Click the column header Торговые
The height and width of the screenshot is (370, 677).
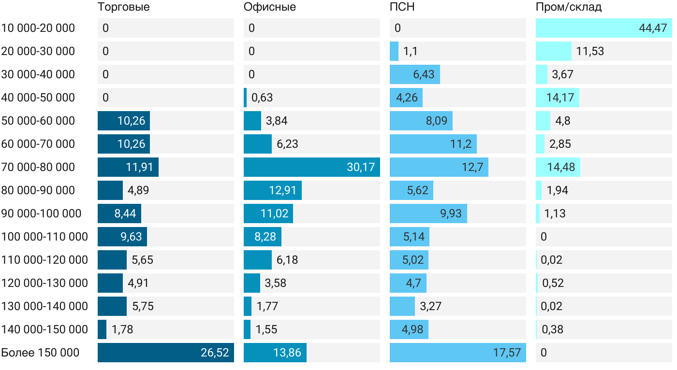[123, 7]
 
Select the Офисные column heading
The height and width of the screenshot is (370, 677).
[270, 7]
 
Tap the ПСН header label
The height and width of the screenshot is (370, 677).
[402, 7]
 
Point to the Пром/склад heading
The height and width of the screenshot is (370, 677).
[568, 7]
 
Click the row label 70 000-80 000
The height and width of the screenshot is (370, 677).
[38, 167]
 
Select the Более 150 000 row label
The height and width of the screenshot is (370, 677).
[40, 353]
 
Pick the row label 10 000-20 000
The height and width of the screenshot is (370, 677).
[38, 28]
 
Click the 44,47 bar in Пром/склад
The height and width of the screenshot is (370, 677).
[603, 28]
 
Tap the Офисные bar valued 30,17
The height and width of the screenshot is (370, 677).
[311, 167]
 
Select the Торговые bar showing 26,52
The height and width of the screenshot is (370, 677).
[165, 353]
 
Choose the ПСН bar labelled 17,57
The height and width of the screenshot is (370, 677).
[457, 353]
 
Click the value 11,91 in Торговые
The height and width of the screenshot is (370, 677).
[139, 167]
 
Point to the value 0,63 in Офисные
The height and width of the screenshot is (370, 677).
[262, 98]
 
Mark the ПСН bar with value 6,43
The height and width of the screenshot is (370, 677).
[414, 74]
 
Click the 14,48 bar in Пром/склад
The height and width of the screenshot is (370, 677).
[558, 167]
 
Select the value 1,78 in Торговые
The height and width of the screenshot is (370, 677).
[122, 329]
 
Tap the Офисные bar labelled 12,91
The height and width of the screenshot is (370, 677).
[272, 190]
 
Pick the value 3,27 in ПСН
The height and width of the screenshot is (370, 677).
[430, 306]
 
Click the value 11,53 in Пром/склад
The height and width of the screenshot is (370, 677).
[590, 51]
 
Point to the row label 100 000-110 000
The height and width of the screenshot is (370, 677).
[44, 237]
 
